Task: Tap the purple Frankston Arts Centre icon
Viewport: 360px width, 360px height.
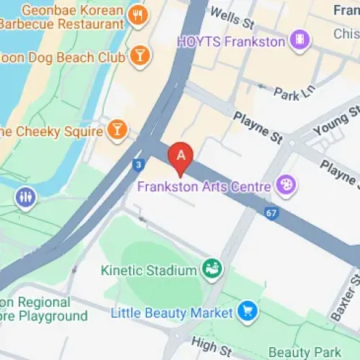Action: (x=286, y=186)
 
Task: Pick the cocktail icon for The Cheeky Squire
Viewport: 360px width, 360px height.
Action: (x=116, y=130)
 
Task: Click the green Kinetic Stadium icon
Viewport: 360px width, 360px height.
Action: (x=212, y=269)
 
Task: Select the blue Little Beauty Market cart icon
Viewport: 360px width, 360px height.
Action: (x=248, y=312)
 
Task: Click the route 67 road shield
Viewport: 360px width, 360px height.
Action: (x=270, y=212)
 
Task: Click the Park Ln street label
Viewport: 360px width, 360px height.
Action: (x=294, y=93)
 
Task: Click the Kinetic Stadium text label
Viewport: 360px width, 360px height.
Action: (x=148, y=271)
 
